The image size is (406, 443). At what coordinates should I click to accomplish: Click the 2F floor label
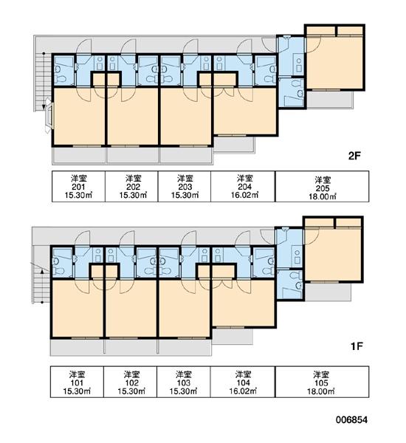click(355, 156)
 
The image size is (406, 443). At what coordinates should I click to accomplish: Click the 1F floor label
click(357, 346)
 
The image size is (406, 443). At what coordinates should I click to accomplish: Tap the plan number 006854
click(352, 420)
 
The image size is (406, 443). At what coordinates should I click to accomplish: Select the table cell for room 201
click(78, 187)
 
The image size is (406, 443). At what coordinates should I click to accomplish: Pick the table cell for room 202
click(131, 187)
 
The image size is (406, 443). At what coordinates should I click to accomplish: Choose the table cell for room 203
click(185, 187)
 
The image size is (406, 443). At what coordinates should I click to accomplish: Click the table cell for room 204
click(243, 187)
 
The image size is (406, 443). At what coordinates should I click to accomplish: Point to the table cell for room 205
click(322, 187)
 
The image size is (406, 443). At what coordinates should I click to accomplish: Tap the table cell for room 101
click(77, 382)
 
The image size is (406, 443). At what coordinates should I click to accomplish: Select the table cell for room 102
click(130, 382)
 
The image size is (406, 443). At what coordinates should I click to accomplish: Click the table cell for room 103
click(184, 382)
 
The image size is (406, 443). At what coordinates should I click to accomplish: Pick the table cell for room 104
click(243, 382)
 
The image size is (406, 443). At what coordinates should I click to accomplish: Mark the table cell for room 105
click(322, 382)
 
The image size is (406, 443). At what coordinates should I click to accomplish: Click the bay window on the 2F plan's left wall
click(49, 115)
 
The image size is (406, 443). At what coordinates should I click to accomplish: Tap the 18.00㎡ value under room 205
click(323, 196)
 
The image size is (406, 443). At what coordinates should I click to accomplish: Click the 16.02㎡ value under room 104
click(244, 391)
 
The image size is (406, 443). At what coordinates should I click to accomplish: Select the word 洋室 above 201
click(79, 178)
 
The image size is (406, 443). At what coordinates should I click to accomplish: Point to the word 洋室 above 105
click(321, 375)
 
